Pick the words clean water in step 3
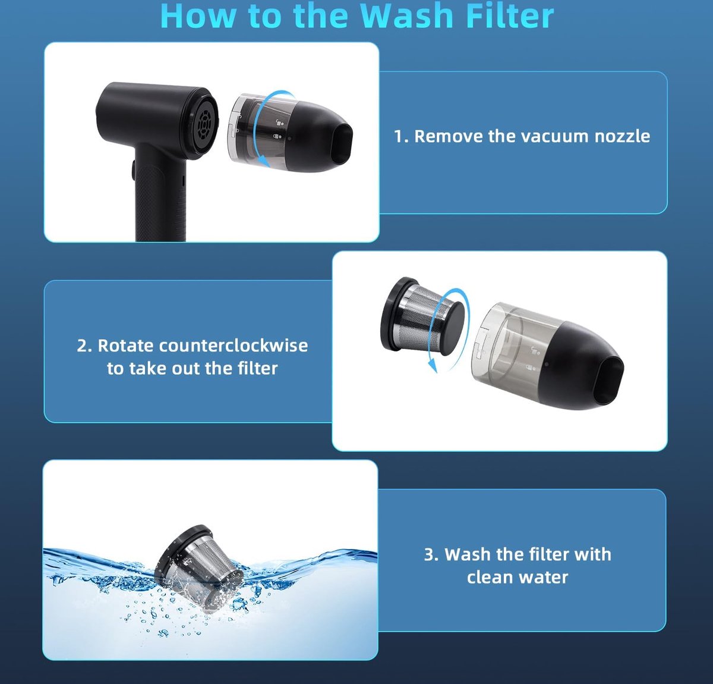[x=518, y=578]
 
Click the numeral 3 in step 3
[x=429, y=554]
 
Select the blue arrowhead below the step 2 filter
[x=433, y=366]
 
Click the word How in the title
[x=198, y=16]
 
